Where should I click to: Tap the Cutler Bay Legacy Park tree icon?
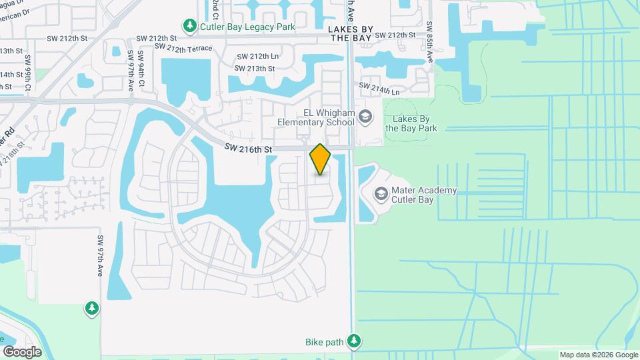pos(190,26)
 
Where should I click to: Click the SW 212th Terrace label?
pos(183,48)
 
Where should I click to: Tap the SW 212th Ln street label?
pos(257,57)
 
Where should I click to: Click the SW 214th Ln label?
pos(379,86)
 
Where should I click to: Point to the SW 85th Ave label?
pos(430,43)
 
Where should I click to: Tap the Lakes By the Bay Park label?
pos(411,123)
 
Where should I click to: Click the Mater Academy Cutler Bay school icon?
pos(381,194)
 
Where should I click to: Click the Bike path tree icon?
pos(355,343)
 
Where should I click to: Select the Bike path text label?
pos(324,343)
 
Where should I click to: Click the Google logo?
pos(22,351)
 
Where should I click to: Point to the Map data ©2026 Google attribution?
pos(598,355)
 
